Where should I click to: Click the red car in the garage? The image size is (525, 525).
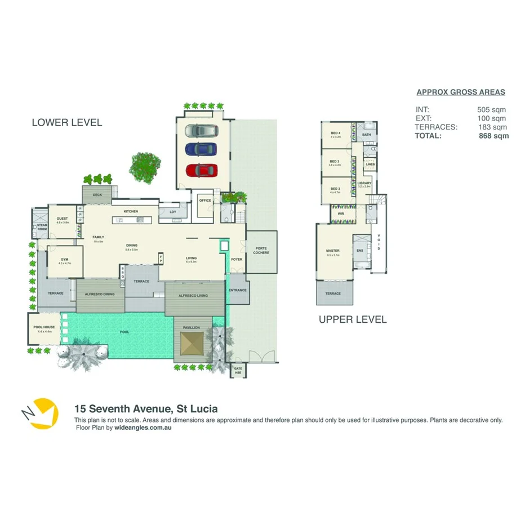point(201,170)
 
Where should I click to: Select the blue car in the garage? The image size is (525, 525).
point(201,150)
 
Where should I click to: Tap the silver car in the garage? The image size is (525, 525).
point(201,131)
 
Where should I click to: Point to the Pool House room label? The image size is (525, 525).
point(44,328)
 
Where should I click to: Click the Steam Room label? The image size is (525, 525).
point(42,227)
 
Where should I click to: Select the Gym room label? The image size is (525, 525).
point(65,260)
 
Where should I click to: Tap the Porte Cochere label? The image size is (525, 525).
point(261,251)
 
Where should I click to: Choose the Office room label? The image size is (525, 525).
point(204,201)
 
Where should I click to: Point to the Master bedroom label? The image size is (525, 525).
point(332,251)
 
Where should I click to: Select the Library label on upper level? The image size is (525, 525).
point(364,184)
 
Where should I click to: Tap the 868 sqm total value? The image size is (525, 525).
point(493,136)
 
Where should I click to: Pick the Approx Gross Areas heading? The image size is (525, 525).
point(460,92)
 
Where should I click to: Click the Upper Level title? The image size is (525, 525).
point(353,319)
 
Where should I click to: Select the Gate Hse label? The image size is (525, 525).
point(238,371)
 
